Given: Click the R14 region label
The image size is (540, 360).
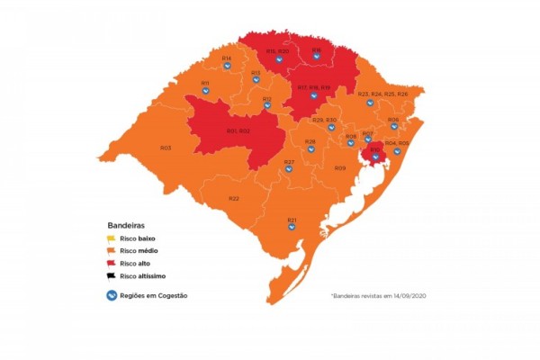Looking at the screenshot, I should (x=226, y=58).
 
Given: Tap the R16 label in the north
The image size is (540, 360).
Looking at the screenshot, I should (x=317, y=49).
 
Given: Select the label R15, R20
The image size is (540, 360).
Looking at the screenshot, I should (x=277, y=52).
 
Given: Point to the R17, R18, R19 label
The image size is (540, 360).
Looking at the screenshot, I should (x=314, y=86).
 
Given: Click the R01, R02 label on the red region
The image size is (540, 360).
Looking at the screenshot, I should (x=238, y=131).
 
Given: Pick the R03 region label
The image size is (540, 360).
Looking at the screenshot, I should (x=166, y=148).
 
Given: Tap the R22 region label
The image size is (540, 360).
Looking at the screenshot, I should (x=234, y=198).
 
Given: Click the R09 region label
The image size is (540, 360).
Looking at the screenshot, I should (x=340, y=168).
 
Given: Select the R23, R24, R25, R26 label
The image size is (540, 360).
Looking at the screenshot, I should (x=382, y=94).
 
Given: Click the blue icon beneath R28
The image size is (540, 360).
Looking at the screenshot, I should (x=310, y=149).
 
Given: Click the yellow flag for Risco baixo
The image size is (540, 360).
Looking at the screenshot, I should (x=111, y=238).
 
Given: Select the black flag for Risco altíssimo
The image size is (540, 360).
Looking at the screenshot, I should (x=111, y=276).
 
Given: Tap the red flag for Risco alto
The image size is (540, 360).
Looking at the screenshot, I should (x=111, y=263).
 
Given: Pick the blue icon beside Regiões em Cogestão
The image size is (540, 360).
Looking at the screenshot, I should (x=112, y=295).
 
